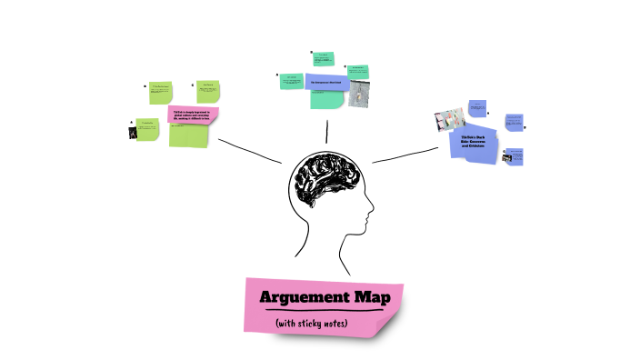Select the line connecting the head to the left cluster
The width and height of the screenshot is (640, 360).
(x=250, y=151)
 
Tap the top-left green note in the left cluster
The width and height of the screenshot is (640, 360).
(x=161, y=92)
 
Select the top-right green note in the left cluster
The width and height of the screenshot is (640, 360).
(x=210, y=91)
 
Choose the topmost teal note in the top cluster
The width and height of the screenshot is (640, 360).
(x=323, y=59)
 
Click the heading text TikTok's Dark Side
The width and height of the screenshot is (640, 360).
(x=476, y=140)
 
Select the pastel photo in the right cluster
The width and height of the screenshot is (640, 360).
(x=450, y=119)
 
